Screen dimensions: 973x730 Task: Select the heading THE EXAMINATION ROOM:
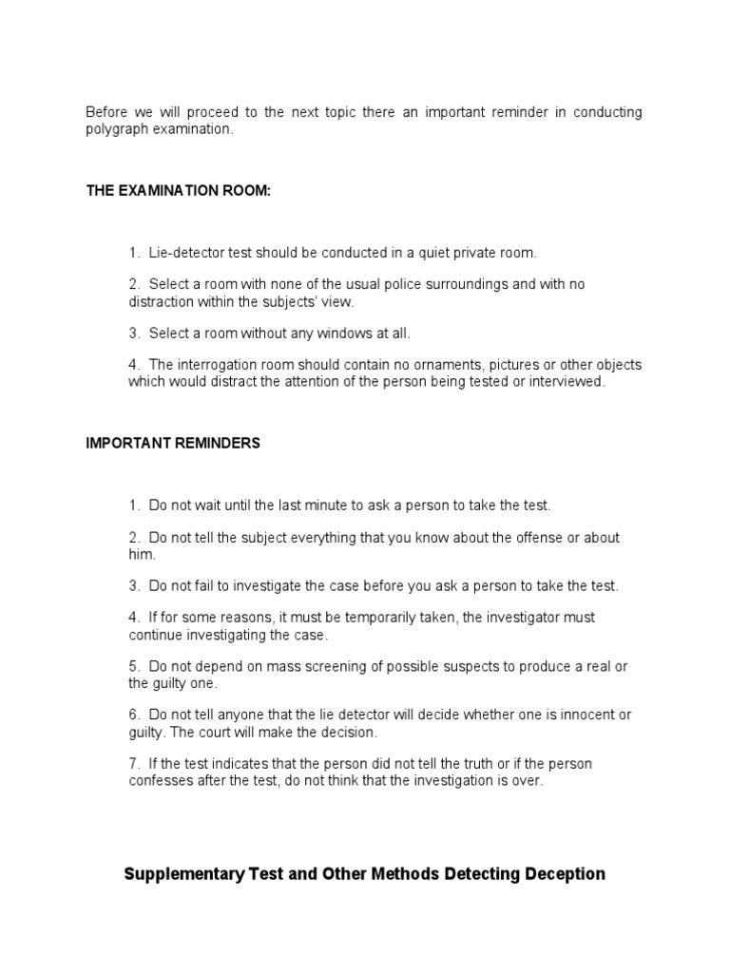[x=179, y=191]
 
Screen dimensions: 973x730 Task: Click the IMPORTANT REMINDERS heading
[x=173, y=444]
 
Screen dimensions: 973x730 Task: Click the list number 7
[x=133, y=764]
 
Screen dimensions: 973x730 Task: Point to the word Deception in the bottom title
[x=560, y=874]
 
